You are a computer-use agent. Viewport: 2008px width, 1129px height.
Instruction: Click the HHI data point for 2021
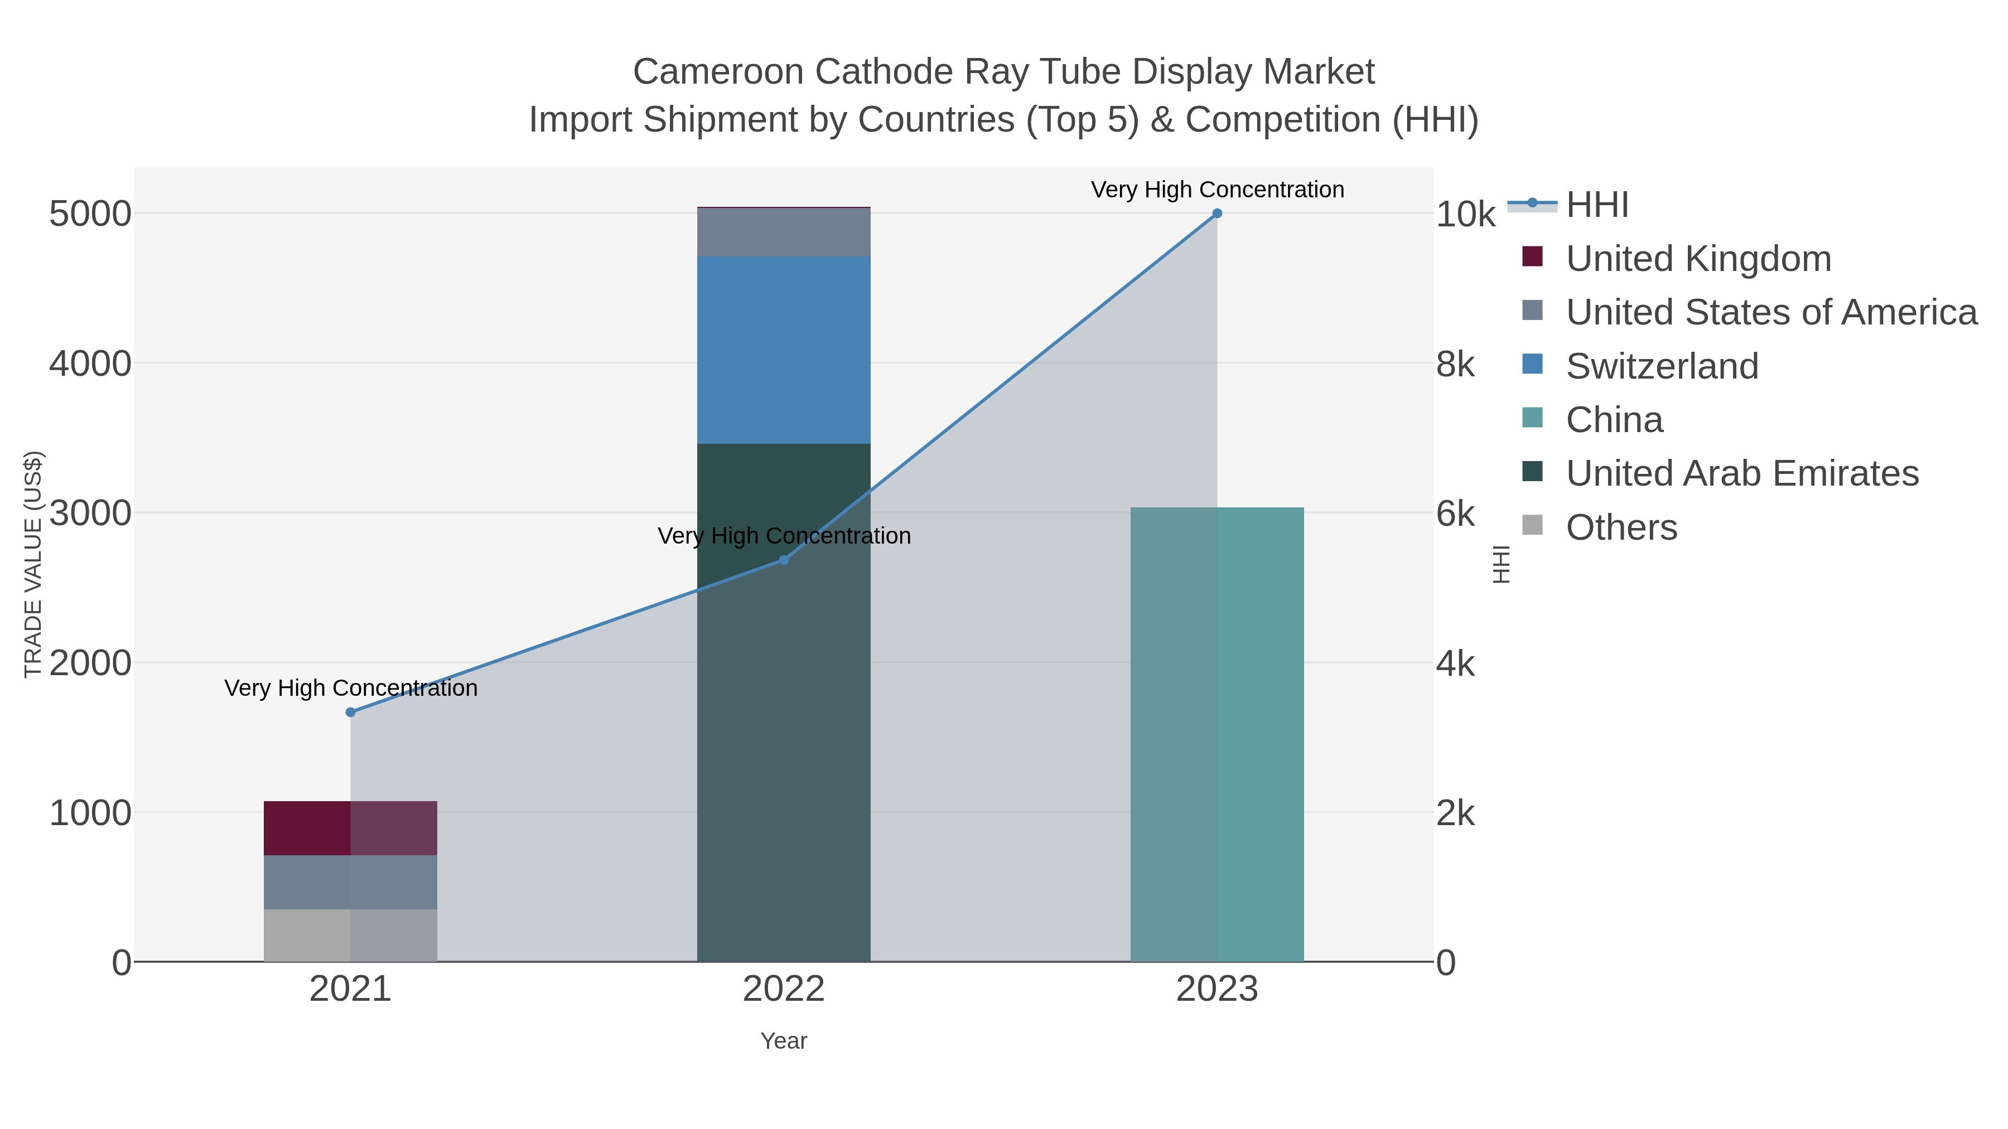pos(350,712)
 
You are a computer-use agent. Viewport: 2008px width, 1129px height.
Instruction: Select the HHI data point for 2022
pos(784,560)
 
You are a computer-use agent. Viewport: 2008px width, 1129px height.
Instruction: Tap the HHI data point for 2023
pos(1217,214)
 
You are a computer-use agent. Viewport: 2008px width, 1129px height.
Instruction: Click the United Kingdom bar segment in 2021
pos(350,828)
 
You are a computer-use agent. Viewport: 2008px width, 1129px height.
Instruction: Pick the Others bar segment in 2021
pos(350,935)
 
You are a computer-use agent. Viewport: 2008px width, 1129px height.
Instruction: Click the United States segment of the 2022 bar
pos(784,232)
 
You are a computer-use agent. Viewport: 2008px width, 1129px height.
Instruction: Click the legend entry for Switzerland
pos(1662,366)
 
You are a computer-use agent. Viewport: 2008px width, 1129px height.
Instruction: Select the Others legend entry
pos(1621,527)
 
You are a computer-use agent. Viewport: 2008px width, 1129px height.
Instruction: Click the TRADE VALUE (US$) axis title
pos(33,564)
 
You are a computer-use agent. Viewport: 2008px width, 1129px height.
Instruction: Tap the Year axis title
pos(784,1041)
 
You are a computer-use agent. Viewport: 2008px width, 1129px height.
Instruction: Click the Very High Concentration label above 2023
pos(1217,190)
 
